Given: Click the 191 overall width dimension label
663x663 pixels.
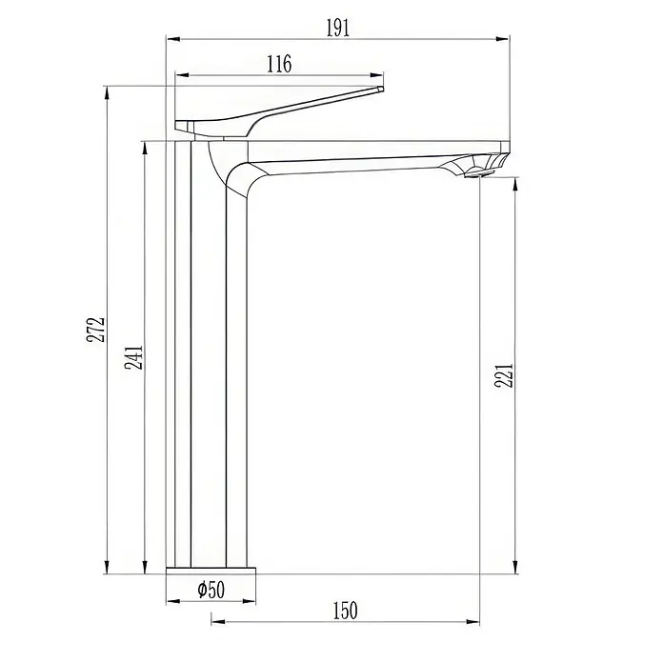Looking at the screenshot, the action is [338, 29].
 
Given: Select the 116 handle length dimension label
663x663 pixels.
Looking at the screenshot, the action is [279, 64].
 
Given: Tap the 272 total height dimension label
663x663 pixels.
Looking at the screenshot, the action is [96, 329].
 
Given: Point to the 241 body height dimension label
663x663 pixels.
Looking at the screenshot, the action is [133, 358].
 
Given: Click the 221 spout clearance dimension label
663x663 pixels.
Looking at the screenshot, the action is [504, 375].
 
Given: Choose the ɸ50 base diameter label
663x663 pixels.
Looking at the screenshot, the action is [211, 590].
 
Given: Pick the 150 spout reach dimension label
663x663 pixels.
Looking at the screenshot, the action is [346, 611].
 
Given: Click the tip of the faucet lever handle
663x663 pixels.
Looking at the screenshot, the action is [381, 89].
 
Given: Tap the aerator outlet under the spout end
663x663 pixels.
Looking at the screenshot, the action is [478, 173].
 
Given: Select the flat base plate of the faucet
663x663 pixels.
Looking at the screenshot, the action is [211, 571].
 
